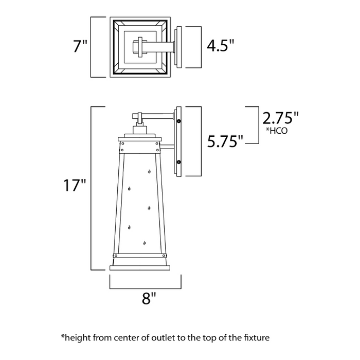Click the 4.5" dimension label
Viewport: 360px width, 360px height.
click(220, 47)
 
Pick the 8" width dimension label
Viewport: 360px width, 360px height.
click(149, 298)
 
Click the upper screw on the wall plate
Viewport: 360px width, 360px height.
click(178, 121)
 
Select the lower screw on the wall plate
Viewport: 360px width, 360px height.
click(178, 162)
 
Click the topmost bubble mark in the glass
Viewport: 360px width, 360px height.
click(149, 171)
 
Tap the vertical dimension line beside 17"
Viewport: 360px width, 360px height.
click(92, 188)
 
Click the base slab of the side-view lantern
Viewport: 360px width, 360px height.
click(140, 266)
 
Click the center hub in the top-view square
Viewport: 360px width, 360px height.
click(140, 47)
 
